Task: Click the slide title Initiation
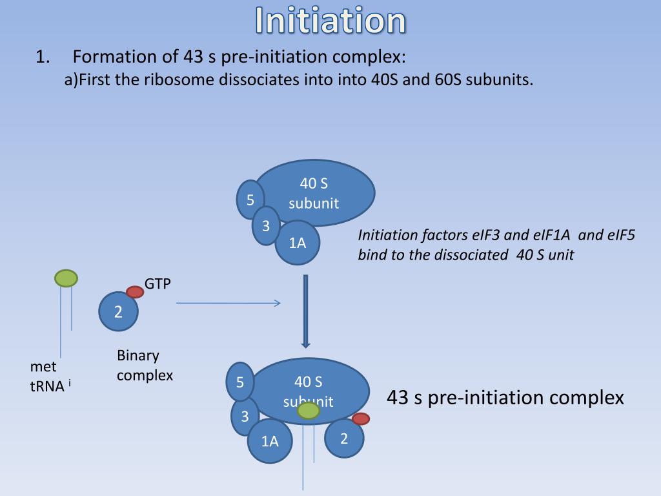pos(330,21)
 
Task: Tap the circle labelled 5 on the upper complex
pos(250,200)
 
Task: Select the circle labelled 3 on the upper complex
pos(265,226)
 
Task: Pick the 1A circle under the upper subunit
pos(297,243)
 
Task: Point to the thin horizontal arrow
pos(229,303)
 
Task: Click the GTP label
pos(158,284)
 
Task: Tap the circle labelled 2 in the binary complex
pos(118,312)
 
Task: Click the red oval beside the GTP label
pos(135,292)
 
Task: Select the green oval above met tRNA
pos(66,278)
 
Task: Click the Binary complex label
pos(145,365)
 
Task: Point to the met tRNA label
pos(48,377)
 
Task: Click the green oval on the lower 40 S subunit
pos(309,410)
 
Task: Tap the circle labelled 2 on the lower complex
pos(344,439)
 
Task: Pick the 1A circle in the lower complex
pos(270,441)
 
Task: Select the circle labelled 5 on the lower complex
pos(239,382)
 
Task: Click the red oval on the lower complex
pos(360,418)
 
